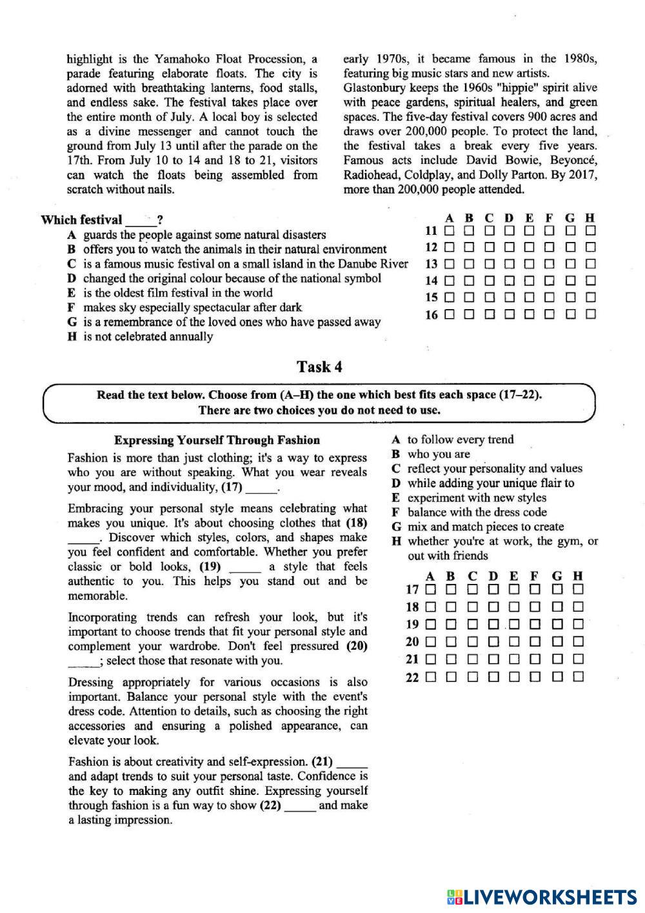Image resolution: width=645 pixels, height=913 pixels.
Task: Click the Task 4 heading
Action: pyautogui.click(x=319, y=367)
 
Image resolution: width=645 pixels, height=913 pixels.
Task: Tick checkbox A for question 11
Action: pyautogui.click(x=449, y=230)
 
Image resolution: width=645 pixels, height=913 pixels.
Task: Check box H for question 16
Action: pyautogui.click(x=590, y=314)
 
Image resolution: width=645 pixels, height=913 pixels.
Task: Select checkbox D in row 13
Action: pyautogui.click(x=510, y=264)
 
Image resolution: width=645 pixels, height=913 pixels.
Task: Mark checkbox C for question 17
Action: pyautogui.click(x=473, y=589)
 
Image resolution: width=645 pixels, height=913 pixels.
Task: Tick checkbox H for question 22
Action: pyautogui.click(x=578, y=676)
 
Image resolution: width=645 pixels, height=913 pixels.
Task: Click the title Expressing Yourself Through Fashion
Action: pyautogui.click(x=217, y=441)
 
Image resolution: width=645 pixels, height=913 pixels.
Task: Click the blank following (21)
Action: pyautogui.click(x=352, y=762)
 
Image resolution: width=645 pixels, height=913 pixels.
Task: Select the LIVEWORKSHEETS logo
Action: pyautogui.click(x=541, y=896)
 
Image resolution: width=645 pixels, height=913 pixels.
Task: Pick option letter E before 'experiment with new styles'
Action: pyautogui.click(x=395, y=497)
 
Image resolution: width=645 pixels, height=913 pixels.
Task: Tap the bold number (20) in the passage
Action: pyautogui.click(x=357, y=646)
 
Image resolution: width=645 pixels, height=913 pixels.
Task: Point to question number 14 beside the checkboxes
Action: pyautogui.click(x=431, y=281)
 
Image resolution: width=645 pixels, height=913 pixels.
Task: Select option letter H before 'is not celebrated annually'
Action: pyautogui.click(x=72, y=337)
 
